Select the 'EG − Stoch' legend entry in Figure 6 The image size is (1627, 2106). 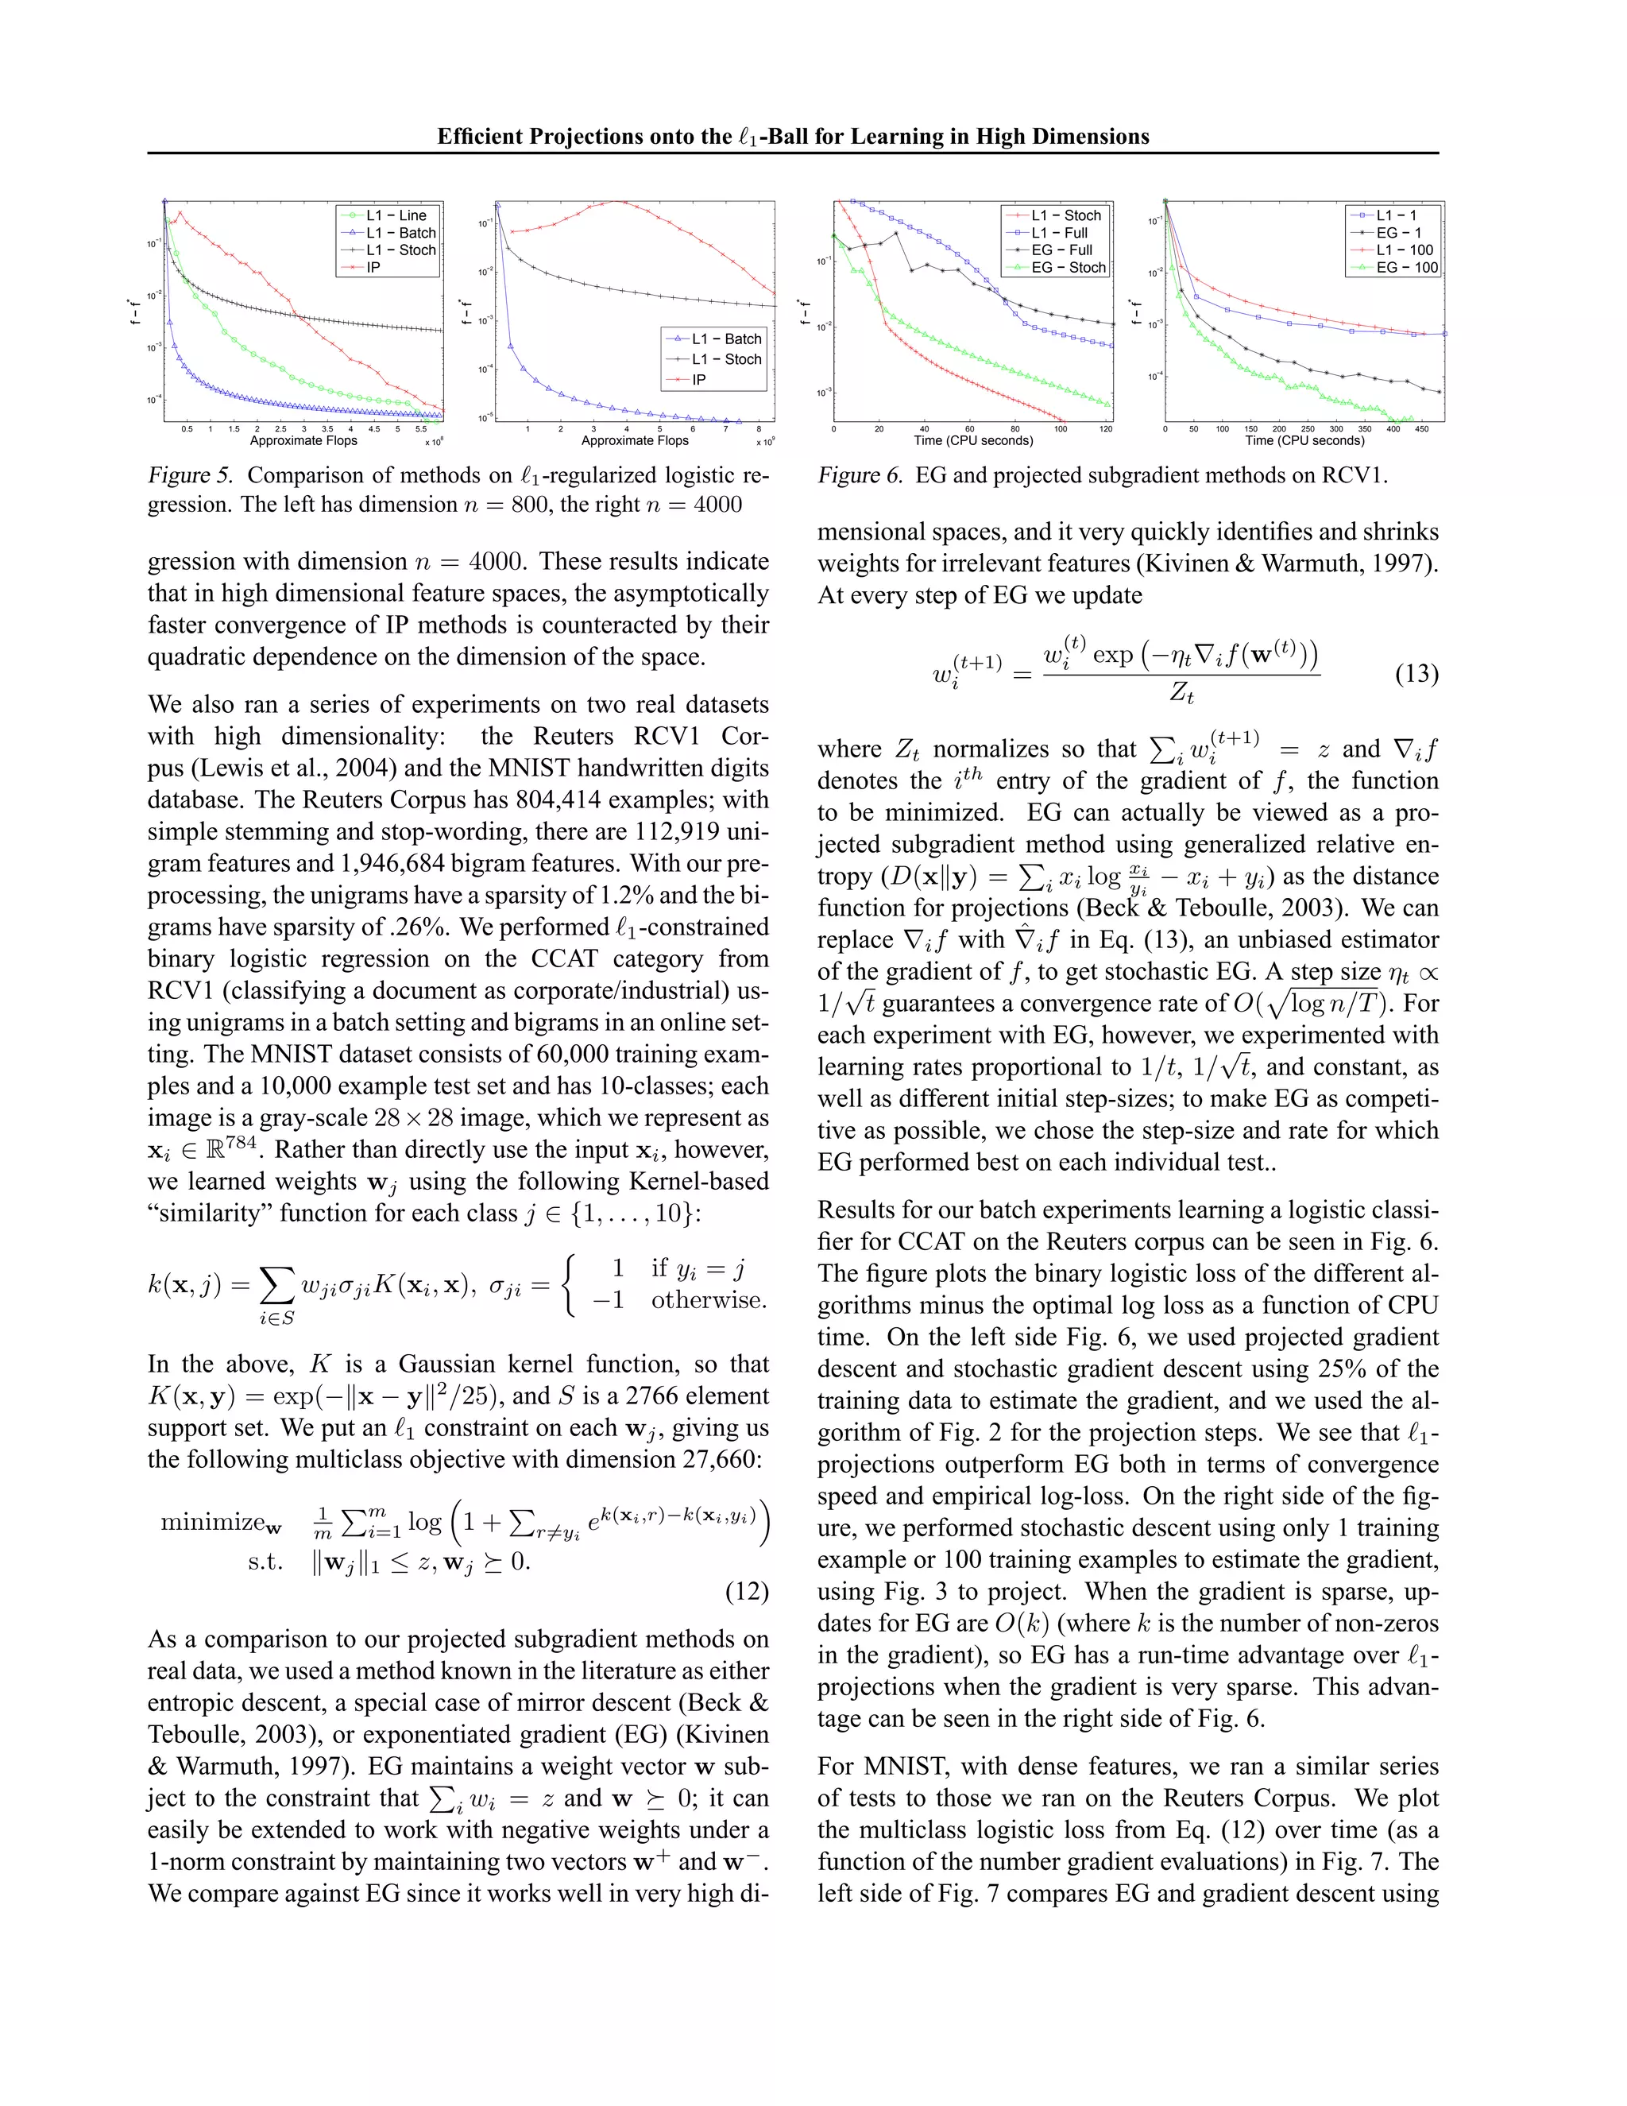click(x=1068, y=267)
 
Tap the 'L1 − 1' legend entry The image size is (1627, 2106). click(x=1396, y=215)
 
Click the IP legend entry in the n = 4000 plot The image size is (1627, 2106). click(x=699, y=379)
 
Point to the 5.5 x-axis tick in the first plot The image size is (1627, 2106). click(x=421, y=429)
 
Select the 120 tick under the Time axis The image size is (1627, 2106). click(x=1106, y=429)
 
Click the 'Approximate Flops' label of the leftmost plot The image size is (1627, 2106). click(x=303, y=441)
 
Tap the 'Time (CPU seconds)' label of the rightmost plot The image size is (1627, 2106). click(x=1304, y=441)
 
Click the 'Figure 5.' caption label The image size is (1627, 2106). click(x=191, y=475)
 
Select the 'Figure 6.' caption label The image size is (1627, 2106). click(x=860, y=475)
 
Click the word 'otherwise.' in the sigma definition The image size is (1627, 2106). click(x=709, y=1300)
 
